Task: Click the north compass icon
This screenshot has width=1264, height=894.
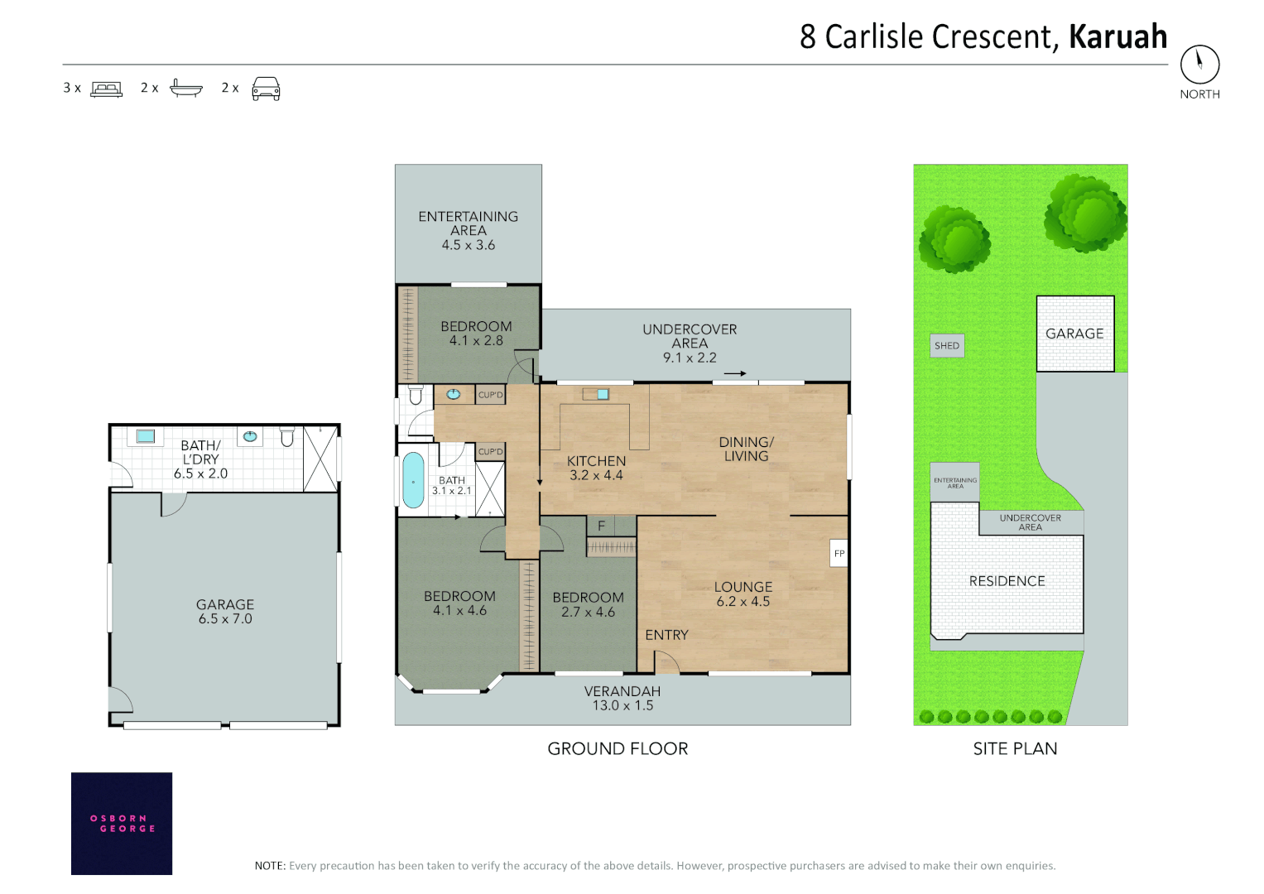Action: coord(1199,65)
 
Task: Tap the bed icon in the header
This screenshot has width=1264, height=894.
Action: coord(107,89)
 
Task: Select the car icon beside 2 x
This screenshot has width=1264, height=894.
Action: coord(266,89)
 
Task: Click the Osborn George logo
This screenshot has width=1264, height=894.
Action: coord(122,824)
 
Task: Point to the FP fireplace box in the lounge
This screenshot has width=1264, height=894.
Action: coord(839,553)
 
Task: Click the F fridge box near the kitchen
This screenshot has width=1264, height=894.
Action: coord(601,526)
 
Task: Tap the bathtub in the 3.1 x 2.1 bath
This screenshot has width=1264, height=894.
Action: coord(414,480)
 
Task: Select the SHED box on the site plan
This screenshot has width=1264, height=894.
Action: coord(947,345)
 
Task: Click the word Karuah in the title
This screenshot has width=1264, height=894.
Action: coord(1117,36)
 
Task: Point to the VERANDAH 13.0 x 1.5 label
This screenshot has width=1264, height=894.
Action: coord(622,698)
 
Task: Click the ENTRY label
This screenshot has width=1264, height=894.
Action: coord(666,635)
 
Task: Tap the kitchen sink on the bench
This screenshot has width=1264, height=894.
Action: coord(603,395)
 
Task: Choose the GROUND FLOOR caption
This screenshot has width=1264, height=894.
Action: coord(618,748)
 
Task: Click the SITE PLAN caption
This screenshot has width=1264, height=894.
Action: coord(1015,748)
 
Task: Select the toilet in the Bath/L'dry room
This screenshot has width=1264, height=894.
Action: coord(287,436)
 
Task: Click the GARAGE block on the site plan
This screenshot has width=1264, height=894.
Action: coord(1075,334)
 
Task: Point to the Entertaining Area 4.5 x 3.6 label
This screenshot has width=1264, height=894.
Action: coord(469,230)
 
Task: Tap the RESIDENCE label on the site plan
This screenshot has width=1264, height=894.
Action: coord(1007,581)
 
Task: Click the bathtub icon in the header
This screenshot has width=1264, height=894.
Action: coord(186,89)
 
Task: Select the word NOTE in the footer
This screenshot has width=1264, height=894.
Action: coord(271,865)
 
